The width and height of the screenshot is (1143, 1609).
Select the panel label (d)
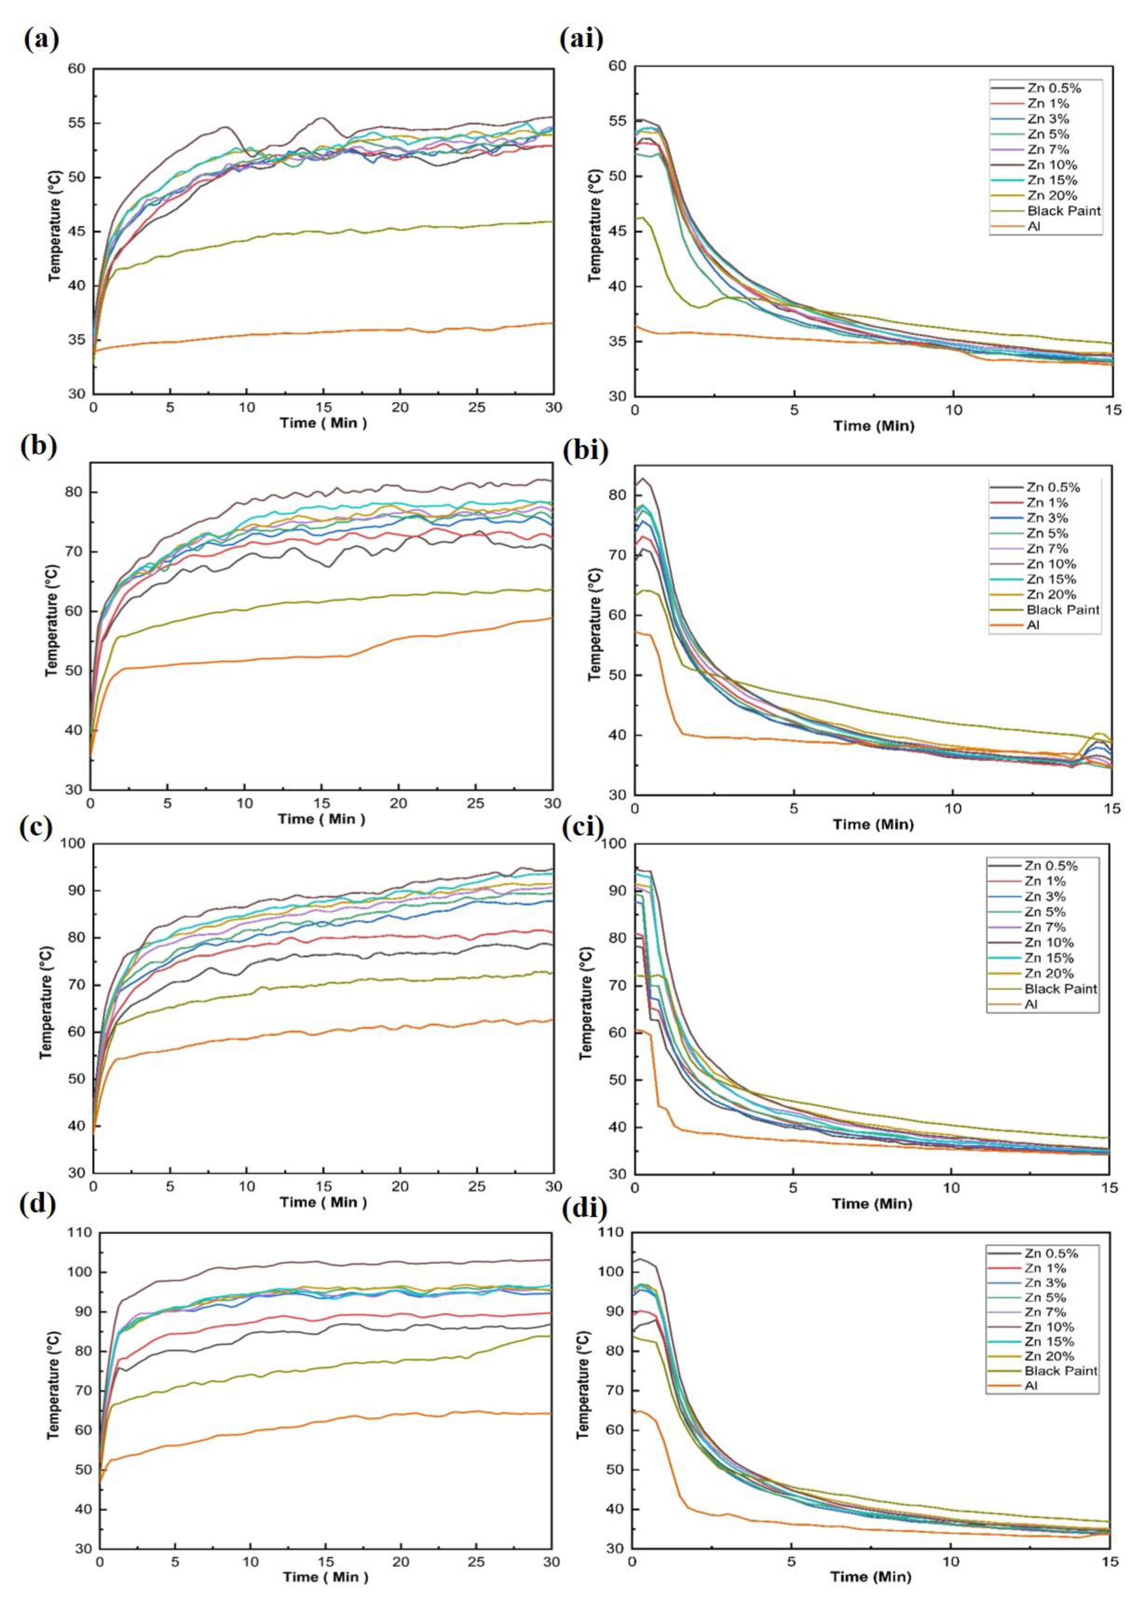coord(41,1206)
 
